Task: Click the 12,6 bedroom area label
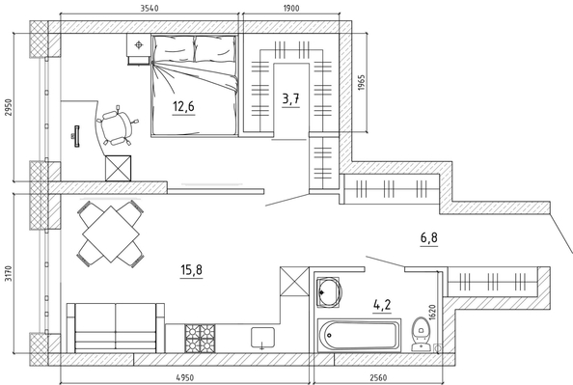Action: (x=183, y=106)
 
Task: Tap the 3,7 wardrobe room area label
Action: (x=291, y=98)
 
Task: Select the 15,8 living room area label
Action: (x=192, y=270)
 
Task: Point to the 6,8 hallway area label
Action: (x=428, y=238)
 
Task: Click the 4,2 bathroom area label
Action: (x=382, y=304)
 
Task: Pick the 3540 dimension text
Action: (x=150, y=8)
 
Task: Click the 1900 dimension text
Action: (x=291, y=8)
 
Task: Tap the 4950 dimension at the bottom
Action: (x=185, y=377)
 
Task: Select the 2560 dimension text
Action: (x=378, y=377)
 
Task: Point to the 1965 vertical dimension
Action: (x=361, y=83)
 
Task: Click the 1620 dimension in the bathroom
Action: (x=433, y=313)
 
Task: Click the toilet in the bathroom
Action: (x=421, y=334)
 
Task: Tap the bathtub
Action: (x=360, y=335)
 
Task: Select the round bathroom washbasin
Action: (x=329, y=291)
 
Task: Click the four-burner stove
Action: (x=200, y=339)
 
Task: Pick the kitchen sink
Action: (x=262, y=338)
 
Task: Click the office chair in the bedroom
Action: (x=117, y=126)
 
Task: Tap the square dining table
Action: (x=111, y=234)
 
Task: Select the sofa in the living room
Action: (x=116, y=328)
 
